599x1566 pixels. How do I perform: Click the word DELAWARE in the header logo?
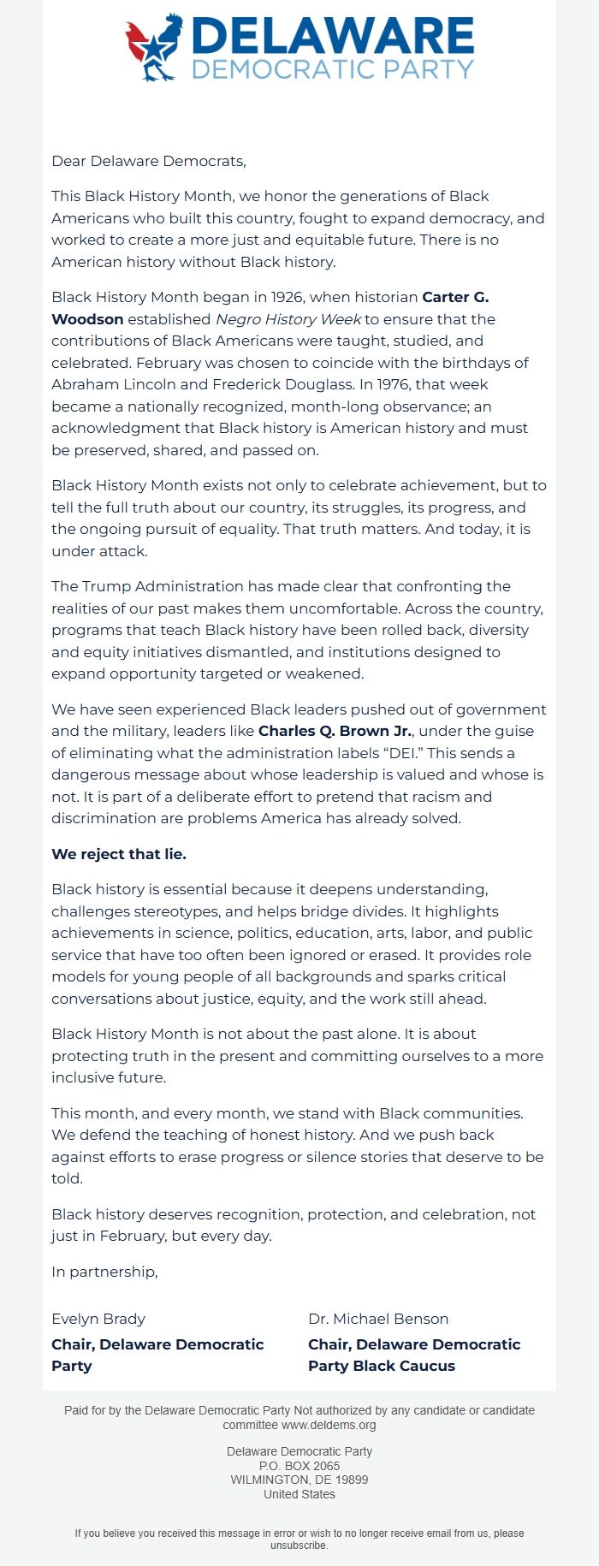click(x=333, y=36)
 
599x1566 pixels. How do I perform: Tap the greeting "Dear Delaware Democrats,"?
click(x=149, y=161)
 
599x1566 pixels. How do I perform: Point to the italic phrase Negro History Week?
click(x=288, y=319)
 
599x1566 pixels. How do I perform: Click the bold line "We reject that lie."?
click(x=119, y=854)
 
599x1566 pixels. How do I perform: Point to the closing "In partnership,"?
click(x=104, y=1272)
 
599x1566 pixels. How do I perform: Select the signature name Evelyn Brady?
click(x=98, y=1319)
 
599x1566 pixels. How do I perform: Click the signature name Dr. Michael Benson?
click(x=378, y=1319)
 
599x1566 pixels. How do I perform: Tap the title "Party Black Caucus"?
click(x=382, y=1366)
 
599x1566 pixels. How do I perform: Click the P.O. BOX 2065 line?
click(x=299, y=1466)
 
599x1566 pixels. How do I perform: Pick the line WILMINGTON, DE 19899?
click(x=299, y=1480)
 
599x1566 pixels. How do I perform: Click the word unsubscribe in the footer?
click(x=299, y=1545)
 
